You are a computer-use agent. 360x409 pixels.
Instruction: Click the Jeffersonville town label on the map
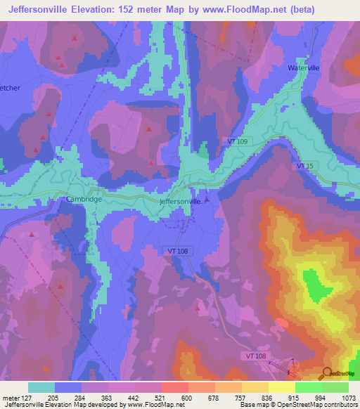pos(181,202)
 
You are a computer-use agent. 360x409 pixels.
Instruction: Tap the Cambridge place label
pos(84,199)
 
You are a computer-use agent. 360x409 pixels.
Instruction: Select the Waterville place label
pos(303,68)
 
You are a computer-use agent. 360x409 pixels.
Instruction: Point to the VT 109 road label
pos(238,142)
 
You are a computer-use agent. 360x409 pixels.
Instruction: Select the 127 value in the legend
pos(25,397)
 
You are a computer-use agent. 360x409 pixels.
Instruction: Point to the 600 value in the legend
pos(188,397)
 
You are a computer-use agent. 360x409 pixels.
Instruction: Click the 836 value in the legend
pos(268,397)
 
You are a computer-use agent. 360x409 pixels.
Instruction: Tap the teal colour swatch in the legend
pos(41,387)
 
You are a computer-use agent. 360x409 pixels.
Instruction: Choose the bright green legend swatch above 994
pos(308,387)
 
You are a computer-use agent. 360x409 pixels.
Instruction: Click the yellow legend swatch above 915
pos(281,387)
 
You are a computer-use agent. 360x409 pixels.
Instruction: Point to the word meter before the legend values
pos(11,397)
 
